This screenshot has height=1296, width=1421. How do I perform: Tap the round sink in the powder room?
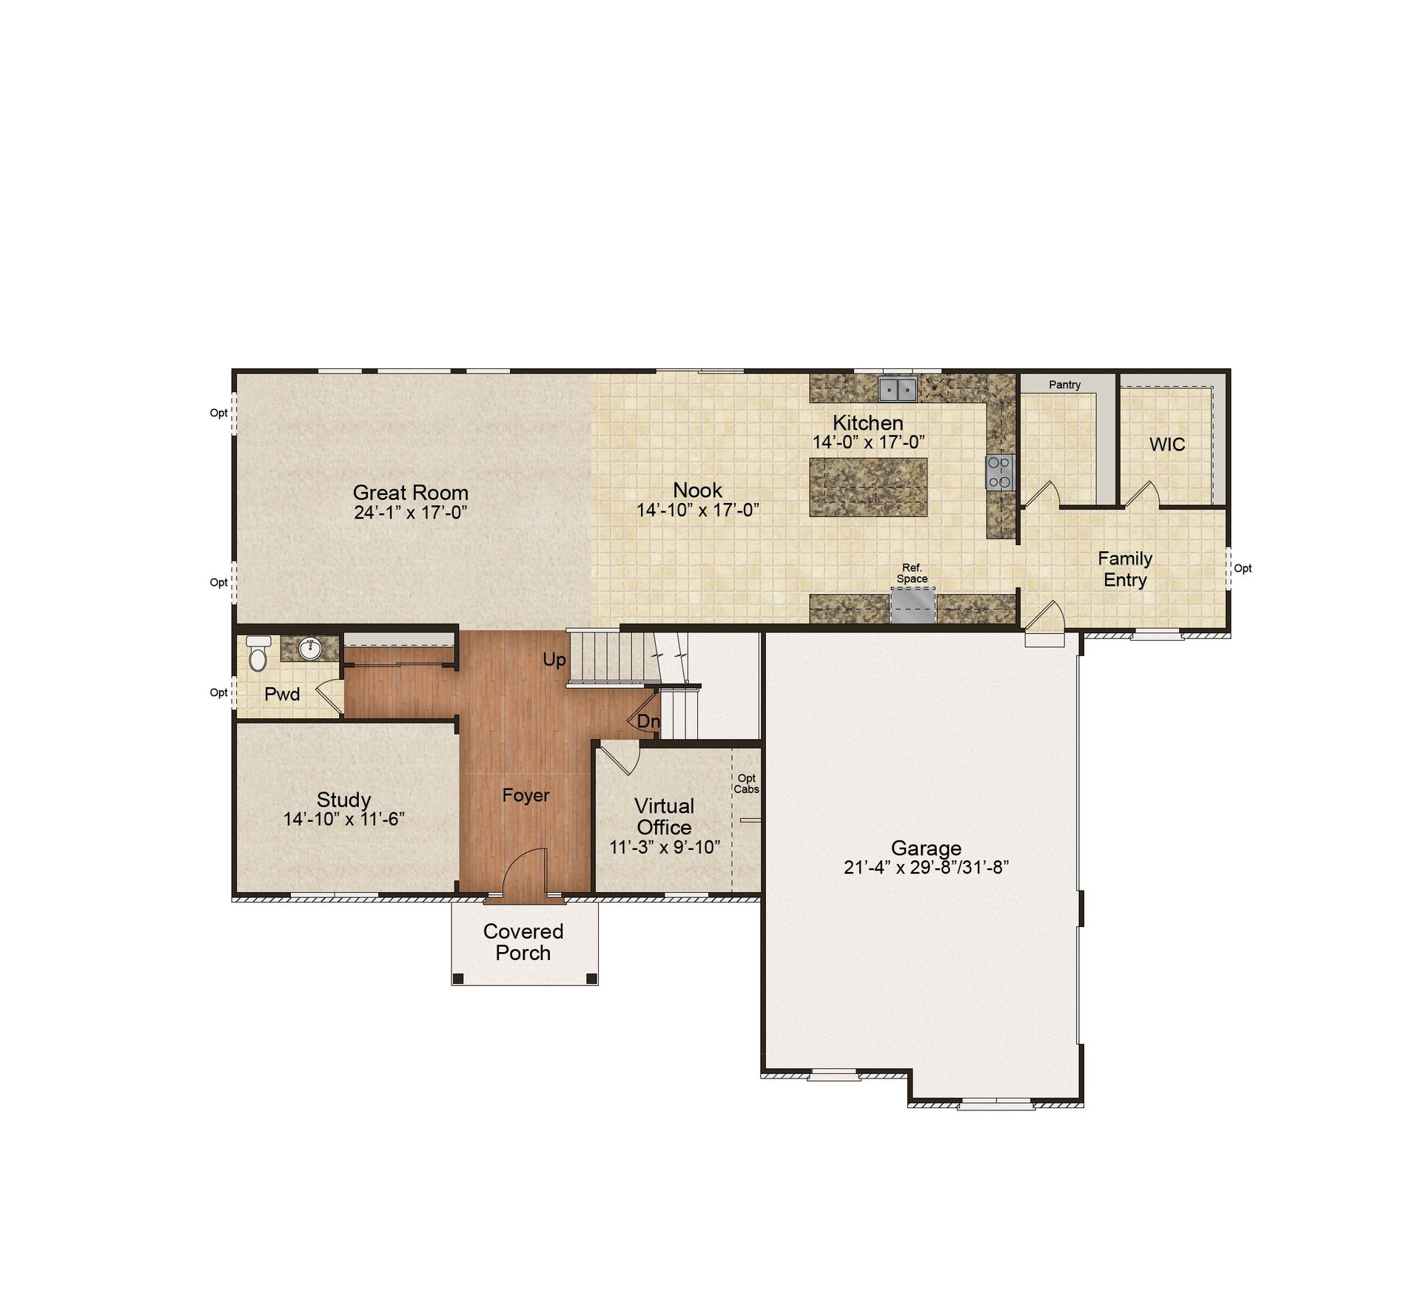(309, 649)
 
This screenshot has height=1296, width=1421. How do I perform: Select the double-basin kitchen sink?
(898, 388)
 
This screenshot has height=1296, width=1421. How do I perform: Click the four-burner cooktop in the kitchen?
(999, 472)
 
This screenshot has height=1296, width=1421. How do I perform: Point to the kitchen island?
(868, 487)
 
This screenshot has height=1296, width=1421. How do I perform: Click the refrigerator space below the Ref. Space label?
(913, 606)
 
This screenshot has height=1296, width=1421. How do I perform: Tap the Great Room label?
(411, 492)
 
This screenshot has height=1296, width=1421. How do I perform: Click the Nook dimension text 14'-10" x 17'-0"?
(698, 510)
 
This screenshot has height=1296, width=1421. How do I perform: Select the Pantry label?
(1064, 385)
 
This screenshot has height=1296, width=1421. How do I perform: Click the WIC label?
(1167, 445)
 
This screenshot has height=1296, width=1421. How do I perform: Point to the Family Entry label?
(1125, 569)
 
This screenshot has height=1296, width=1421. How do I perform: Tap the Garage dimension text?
(926, 868)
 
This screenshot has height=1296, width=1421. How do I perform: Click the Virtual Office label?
(665, 817)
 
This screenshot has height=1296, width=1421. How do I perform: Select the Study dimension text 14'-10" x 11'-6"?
(344, 819)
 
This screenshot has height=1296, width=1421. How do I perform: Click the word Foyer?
(525, 795)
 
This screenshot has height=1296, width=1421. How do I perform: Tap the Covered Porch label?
(523, 942)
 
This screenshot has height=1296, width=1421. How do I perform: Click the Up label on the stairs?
(554, 660)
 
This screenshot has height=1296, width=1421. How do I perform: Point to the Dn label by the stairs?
(648, 721)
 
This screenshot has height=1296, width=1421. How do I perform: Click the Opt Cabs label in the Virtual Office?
(747, 783)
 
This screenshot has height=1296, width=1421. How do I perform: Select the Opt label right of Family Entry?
(1243, 568)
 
